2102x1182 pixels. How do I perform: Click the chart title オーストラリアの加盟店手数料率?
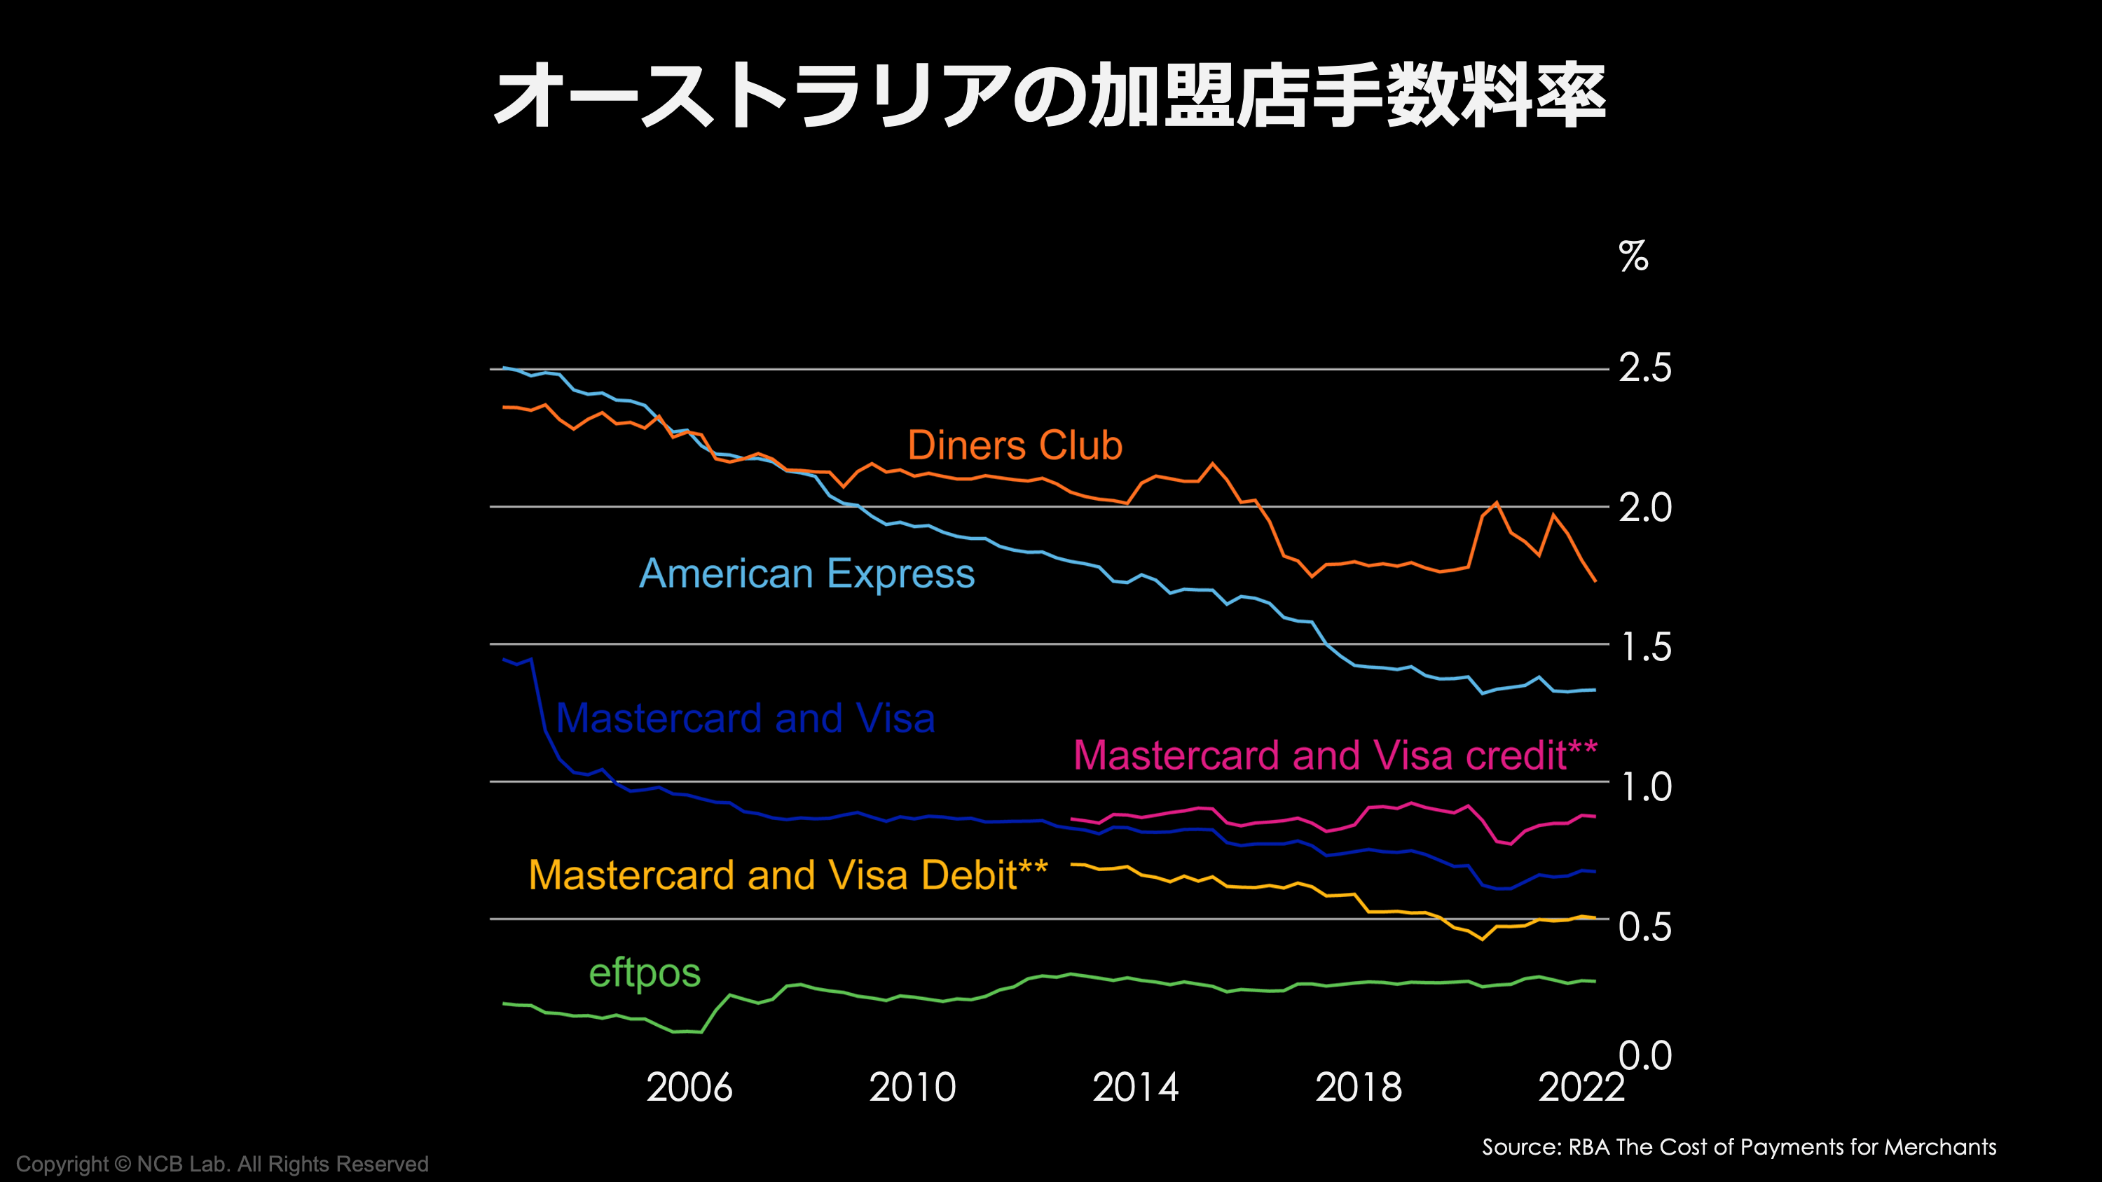point(1050,95)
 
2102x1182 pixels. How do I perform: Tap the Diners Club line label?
point(1015,445)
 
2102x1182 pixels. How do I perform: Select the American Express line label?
point(806,573)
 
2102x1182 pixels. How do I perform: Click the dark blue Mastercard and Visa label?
point(745,718)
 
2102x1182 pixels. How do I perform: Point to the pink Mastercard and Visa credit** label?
point(1335,756)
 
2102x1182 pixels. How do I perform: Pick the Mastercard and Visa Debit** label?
point(788,875)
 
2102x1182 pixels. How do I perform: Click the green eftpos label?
point(645,973)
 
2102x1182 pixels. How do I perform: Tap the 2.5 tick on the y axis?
point(1645,368)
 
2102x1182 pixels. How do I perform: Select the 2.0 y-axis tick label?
point(1645,508)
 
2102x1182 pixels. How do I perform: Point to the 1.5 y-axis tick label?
point(1645,648)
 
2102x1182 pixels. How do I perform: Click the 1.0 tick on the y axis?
point(1645,787)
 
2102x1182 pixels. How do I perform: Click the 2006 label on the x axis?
point(689,1087)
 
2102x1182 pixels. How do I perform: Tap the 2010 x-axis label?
point(912,1087)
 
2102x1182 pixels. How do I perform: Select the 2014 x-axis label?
point(1135,1087)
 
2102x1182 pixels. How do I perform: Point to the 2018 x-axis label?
point(1358,1087)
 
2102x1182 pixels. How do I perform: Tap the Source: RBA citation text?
point(1739,1147)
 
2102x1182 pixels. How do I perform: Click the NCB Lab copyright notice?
point(222,1164)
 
